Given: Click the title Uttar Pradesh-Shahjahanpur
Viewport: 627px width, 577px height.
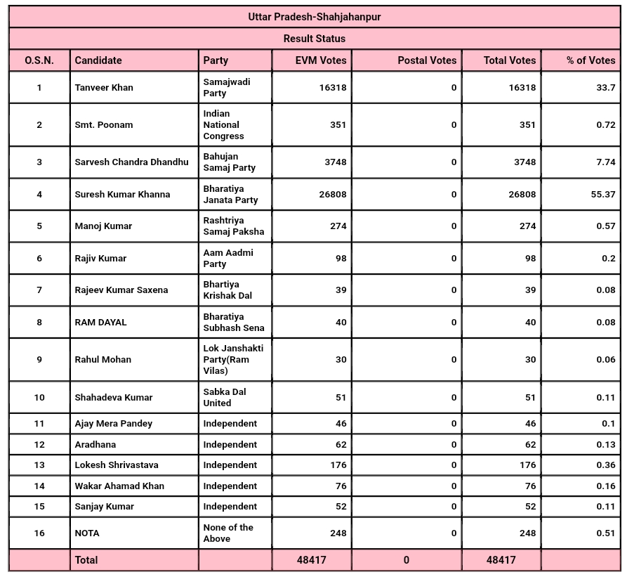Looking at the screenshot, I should pos(314,17).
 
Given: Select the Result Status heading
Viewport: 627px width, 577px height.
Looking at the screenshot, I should pos(314,39).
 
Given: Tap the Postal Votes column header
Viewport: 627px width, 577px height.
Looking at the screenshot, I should pos(427,60).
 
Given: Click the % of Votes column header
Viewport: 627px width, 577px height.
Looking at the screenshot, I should pos(590,60).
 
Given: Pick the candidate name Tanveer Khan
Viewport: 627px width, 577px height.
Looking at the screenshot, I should pos(104,88).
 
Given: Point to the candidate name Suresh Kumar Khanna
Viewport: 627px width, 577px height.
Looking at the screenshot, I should pos(122,194).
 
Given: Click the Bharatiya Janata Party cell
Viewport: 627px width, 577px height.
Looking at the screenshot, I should pos(230,194).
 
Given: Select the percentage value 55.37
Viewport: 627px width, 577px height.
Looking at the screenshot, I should pos(602,194).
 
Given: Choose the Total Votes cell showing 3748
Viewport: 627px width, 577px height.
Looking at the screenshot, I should pos(522,162).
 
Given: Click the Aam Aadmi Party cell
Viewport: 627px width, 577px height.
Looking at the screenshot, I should pos(228,258).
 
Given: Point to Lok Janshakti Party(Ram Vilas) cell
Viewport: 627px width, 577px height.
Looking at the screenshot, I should pos(233,359).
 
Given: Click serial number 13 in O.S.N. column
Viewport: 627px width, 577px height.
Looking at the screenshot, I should pos(39,465).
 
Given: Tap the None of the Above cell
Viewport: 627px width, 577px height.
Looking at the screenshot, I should pos(228,533).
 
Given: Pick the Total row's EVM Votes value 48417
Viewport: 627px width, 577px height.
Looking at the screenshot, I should pos(312,560).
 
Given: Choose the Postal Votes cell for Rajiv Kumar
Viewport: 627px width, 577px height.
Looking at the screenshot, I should pos(454,258).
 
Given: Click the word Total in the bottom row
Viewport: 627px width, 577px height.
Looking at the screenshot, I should pos(86,560).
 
